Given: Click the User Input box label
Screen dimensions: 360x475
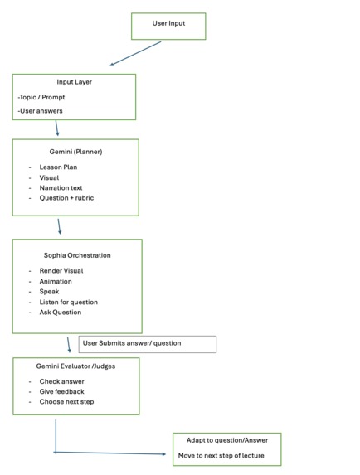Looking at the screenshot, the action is click(168, 23).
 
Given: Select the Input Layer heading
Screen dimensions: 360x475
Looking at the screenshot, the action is click(75, 82).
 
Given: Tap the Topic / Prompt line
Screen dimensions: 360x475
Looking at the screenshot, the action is click(41, 97).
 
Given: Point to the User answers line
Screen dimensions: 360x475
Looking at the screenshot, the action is click(40, 111).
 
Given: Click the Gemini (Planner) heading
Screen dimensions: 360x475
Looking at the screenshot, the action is click(75, 152).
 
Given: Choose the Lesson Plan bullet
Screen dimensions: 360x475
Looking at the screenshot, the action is click(58, 167).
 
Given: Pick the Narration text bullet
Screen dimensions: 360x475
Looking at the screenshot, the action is click(61, 188).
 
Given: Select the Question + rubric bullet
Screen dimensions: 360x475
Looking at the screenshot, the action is click(66, 198).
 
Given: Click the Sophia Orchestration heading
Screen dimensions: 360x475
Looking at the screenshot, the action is click(77, 255).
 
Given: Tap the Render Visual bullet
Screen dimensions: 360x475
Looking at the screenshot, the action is click(61, 271).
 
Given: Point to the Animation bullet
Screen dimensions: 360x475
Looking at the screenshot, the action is click(56, 281).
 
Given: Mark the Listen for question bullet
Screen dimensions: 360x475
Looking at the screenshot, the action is click(69, 302).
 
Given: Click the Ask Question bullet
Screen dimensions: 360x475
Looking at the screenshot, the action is click(61, 313).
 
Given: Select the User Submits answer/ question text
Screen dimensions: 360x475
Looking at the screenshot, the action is click(132, 343).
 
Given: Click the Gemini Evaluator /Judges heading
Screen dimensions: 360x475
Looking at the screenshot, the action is click(75, 366).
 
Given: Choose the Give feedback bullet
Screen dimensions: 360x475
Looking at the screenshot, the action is click(62, 392).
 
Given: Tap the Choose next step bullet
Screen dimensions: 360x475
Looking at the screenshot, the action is click(66, 402).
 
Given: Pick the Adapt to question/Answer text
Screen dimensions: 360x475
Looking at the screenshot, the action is click(227, 440).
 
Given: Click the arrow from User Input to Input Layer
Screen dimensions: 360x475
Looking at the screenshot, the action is click(135, 53).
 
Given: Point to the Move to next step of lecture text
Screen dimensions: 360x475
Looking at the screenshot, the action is click(221, 456).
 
